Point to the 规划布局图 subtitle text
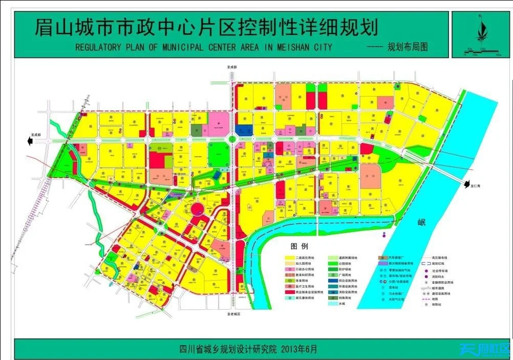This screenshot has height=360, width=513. [x=408, y=47]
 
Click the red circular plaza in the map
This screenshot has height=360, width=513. [x=197, y=208]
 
